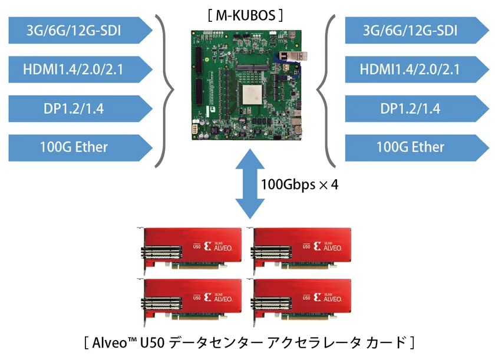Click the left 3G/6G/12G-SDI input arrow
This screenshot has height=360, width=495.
(x=81, y=30)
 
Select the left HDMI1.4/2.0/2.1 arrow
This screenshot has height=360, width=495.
(x=81, y=70)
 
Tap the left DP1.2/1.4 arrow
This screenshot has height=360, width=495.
(x=81, y=108)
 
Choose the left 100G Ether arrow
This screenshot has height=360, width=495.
(x=81, y=148)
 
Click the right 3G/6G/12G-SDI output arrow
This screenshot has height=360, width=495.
(x=417, y=30)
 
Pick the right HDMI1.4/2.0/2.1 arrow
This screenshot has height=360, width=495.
(x=417, y=70)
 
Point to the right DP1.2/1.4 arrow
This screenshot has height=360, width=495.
(x=417, y=108)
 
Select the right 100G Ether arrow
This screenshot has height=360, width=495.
(x=417, y=148)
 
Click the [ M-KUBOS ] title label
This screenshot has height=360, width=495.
(x=245, y=15)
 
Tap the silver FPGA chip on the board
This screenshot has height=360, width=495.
(x=252, y=94)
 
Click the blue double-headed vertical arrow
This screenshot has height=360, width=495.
(x=250, y=184)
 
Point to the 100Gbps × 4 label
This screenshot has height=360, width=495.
(x=299, y=184)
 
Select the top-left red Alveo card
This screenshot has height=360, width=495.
(x=189, y=250)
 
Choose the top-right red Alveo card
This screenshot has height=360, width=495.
(x=299, y=250)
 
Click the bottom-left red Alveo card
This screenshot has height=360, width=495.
(x=189, y=302)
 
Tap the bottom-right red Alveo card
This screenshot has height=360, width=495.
(x=299, y=302)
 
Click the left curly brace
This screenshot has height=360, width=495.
(x=165, y=91)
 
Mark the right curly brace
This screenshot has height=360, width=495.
(x=326, y=91)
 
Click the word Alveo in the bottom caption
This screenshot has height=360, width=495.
(x=110, y=343)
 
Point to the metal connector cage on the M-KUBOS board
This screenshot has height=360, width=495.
(x=293, y=56)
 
